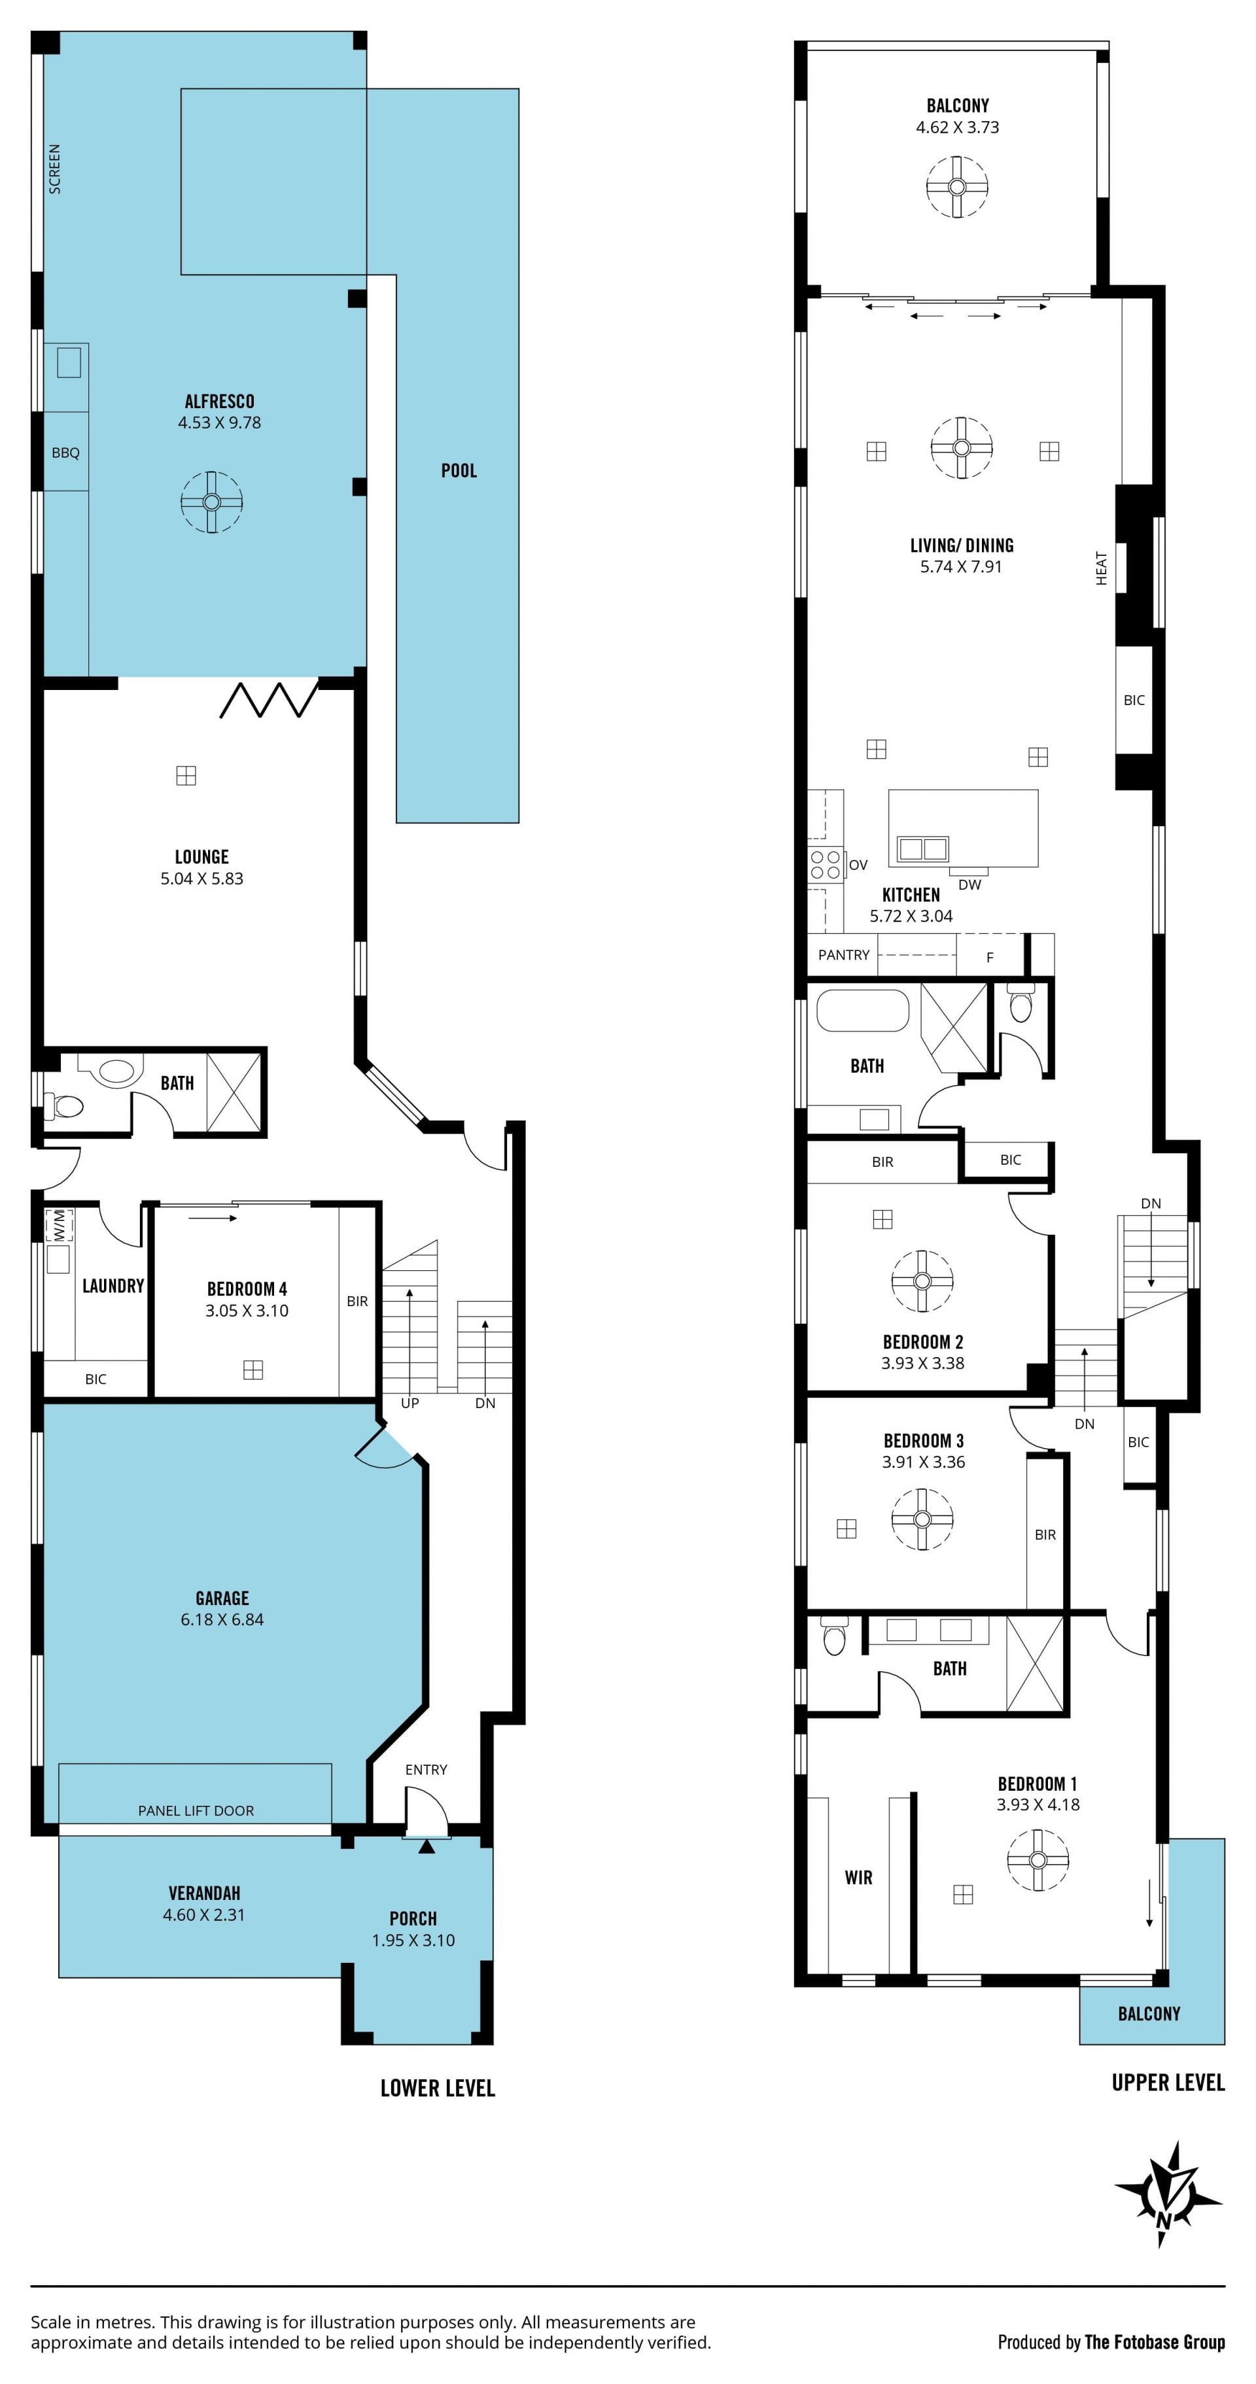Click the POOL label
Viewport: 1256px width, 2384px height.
(x=459, y=470)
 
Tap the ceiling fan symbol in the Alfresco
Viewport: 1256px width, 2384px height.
(x=211, y=502)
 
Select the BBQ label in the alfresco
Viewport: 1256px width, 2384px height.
(x=65, y=453)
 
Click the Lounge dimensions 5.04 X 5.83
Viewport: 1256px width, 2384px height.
(x=201, y=878)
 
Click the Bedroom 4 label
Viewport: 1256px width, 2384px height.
(x=247, y=1288)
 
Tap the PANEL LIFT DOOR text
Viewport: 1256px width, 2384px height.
(x=196, y=1810)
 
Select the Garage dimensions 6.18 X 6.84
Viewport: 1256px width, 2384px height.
(x=222, y=1619)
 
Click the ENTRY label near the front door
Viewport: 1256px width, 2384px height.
(x=426, y=1769)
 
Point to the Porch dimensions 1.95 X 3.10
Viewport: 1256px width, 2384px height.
(x=413, y=1940)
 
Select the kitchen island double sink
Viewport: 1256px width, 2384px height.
(x=923, y=848)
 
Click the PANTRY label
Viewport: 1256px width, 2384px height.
(x=844, y=954)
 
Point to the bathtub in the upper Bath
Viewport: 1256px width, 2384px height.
(x=863, y=1011)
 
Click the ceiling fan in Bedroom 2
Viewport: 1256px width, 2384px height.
(x=922, y=1281)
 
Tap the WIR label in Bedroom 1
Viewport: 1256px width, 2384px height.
(x=859, y=1877)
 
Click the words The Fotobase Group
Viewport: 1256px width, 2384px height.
(x=1155, y=2341)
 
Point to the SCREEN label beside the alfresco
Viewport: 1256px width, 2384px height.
(x=54, y=169)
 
